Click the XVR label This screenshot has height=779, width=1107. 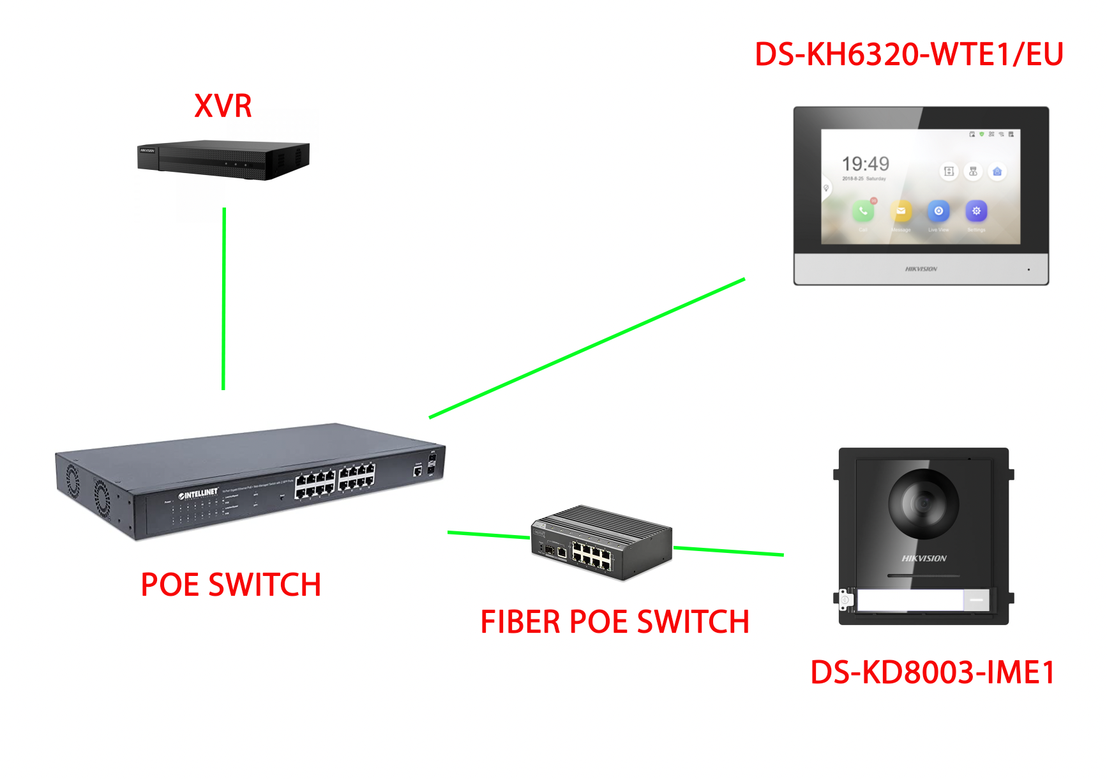point(223,106)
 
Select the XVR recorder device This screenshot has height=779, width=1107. point(223,160)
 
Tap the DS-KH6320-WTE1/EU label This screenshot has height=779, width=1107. point(908,54)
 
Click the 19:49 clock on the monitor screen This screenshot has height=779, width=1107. point(865,164)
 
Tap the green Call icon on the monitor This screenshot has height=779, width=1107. point(862,211)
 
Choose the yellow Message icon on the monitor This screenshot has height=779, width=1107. point(901,211)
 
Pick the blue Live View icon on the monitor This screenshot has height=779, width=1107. point(938,211)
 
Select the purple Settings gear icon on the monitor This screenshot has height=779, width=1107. point(976,211)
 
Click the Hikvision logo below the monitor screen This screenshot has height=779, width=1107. point(921,269)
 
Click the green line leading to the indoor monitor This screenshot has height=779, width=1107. point(587,348)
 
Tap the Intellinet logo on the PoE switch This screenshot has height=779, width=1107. point(199,494)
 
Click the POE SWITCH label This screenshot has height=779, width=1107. point(230,585)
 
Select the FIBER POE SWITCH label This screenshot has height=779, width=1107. point(614,622)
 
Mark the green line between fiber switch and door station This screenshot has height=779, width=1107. point(728,551)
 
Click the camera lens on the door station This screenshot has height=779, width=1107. point(923,504)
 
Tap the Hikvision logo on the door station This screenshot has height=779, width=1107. point(924,559)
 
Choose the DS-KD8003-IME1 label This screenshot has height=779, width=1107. point(932,672)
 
